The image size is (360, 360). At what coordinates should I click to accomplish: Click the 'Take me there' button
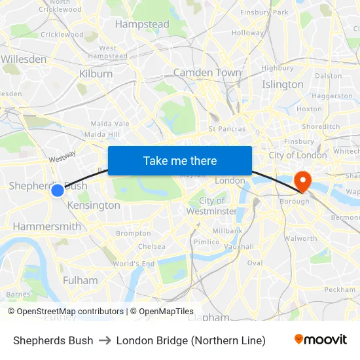[x=180, y=160]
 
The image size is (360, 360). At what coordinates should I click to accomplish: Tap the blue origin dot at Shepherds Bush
[x=58, y=190]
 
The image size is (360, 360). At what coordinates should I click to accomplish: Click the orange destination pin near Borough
[x=303, y=179]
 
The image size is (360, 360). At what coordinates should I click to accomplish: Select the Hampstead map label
[x=142, y=25]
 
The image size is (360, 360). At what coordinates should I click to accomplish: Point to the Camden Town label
[x=207, y=73]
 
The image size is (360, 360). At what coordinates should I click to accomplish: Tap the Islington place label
[x=283, y=84]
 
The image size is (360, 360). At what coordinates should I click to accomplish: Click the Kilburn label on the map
[x=96, y=74]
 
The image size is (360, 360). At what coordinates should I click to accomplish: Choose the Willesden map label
[x=24, y=59]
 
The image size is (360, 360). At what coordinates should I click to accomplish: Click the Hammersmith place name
[x=47, y=226]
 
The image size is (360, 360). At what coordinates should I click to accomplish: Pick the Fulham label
[x=81, y=280]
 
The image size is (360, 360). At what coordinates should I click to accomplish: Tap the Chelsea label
[x=151, y=247]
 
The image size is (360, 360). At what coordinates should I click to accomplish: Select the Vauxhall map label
[x=239, y=247]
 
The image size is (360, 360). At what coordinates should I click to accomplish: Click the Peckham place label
[x=339, y=289]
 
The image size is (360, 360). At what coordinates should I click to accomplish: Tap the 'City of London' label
[x=298, y=155]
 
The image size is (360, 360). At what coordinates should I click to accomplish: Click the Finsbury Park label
[x=264, y=12]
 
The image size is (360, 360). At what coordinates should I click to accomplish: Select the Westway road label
[x=63, y=156]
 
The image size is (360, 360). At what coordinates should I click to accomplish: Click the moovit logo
[x=321, y=340]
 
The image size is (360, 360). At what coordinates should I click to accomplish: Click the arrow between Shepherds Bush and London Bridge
[x=105, y=340]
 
